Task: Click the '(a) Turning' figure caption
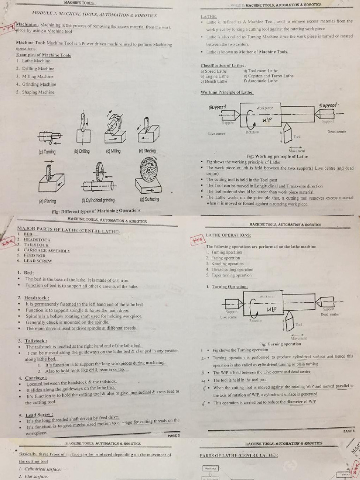pyautogui.click(x=47, y=152)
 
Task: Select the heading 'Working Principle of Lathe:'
pyautogui.click(x=227, y=92)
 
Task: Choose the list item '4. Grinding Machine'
pyautogui.click(x=36, y=84)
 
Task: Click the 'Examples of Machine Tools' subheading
pyautogui.click(x=43, y=55)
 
